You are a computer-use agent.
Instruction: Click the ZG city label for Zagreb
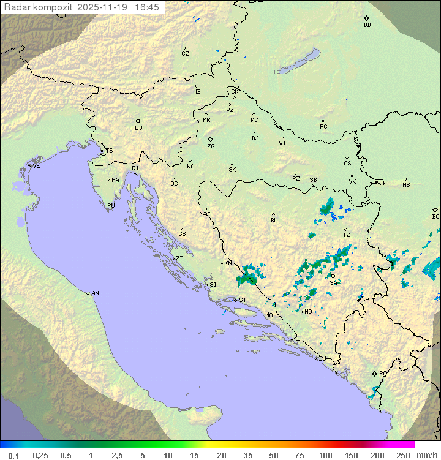coord(211,146)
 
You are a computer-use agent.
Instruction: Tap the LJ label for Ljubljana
coord(138,127)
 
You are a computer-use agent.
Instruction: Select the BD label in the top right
coord(367,25)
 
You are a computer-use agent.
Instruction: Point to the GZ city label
coord(185,54)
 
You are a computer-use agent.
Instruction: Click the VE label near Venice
coord(36,166)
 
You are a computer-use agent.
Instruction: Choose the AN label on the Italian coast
coord(95,293)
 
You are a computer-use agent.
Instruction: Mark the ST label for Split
coord(243,300)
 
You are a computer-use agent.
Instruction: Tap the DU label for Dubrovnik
coord(322,359)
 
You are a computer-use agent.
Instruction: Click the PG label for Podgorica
coord(383,373)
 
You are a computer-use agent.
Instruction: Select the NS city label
coord(406,185)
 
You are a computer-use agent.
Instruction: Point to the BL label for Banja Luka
coord(274,221)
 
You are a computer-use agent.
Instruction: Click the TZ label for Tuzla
coord(346,235)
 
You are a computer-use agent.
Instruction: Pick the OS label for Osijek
coord(347,164)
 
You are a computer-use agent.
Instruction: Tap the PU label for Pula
coord(111,206)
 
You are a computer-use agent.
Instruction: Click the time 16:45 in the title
coord(147,7)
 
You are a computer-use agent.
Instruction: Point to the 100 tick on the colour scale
coord(325,455)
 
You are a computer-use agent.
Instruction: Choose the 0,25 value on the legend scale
coord(40,455)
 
